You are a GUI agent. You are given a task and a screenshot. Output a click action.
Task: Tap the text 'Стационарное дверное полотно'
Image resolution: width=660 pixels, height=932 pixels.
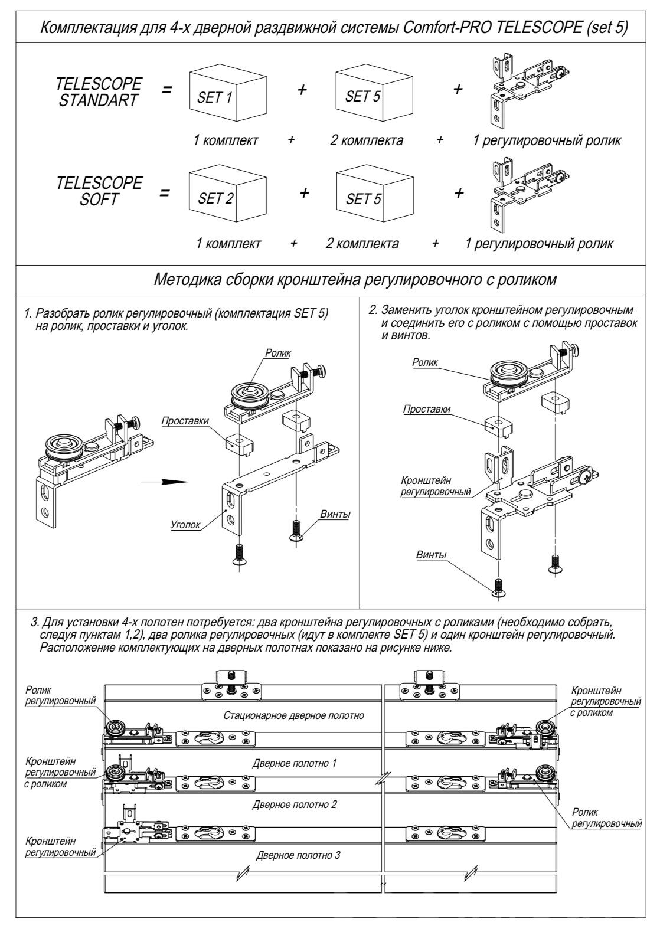point(293,716)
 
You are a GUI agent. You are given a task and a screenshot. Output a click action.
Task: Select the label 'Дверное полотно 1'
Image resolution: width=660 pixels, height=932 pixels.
point(294,763)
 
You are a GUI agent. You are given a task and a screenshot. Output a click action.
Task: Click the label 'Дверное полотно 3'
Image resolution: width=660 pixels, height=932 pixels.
point(298,855)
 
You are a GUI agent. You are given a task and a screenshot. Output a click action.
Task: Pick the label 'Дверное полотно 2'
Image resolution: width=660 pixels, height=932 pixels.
point(294,804)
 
